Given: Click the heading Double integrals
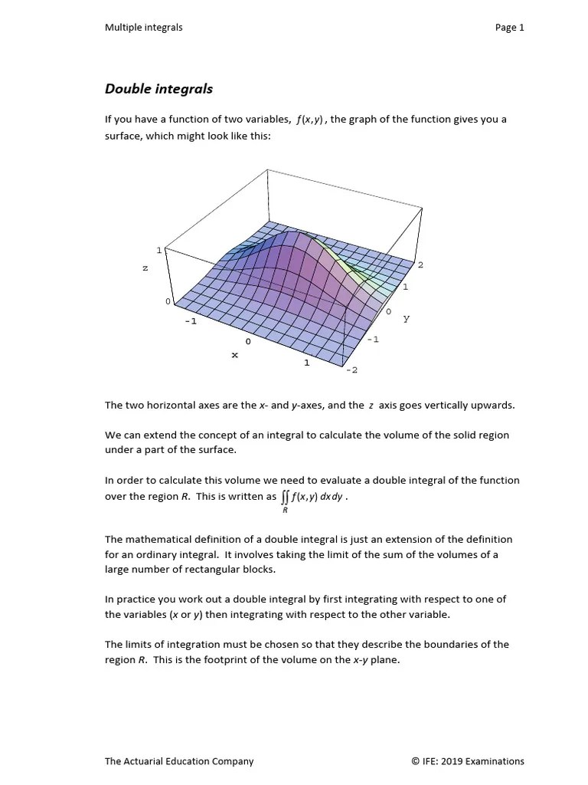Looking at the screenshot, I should click(158, 89).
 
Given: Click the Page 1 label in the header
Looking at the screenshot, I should click(509, 28).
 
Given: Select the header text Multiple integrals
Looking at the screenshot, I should click(143, 28).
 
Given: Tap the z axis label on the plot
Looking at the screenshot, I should click(145, 268).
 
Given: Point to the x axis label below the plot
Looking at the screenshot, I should click(234, 355).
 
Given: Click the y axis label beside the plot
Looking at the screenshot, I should click(407, 318).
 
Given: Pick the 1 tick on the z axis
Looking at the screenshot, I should click(159, 250).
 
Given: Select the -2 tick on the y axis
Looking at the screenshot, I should click(351, 370).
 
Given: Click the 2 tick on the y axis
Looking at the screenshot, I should click(420, 264).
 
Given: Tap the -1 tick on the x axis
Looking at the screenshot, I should click(191, 321).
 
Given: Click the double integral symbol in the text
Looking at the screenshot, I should click(286, 497).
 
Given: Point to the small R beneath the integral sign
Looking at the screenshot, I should click(286, 510).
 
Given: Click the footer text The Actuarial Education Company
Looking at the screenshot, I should click(179, 761).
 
